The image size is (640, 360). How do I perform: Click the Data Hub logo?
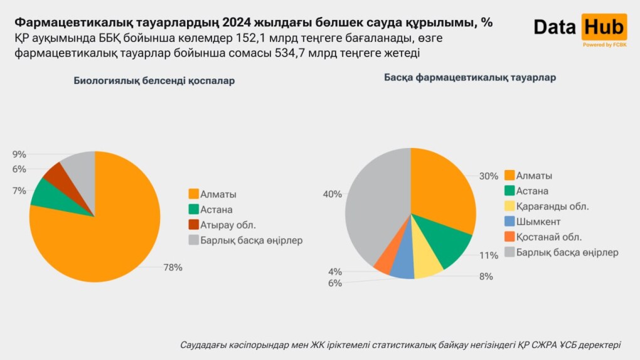click(580, 28)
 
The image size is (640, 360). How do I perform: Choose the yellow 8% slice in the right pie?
click(429, 265)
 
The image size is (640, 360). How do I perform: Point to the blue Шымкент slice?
click(403, 266)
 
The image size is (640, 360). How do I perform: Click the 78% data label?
click(173, 267)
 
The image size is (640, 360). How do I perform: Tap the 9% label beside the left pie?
click(19, 154)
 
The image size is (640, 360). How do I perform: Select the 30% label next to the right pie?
click(488, 176)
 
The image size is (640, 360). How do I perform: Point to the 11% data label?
click(488, 255)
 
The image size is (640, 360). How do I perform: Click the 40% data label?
click(332, 194)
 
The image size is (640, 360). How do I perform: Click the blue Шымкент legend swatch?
click(509, 221)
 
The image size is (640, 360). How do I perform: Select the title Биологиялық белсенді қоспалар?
click(154, 81)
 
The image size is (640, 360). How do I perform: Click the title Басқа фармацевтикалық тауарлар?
click(470, 77)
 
